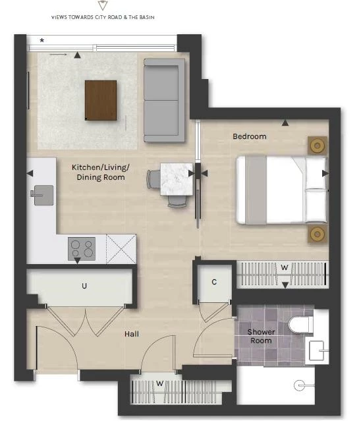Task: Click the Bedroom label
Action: [x=250, y=136]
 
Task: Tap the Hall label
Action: [x=132, y=334]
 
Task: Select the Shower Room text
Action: [x=261, y=336]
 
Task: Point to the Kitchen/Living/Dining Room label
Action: [x=101, y=172]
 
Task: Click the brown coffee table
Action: [x=101, y=100]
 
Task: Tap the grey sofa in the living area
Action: [x=164, y=100]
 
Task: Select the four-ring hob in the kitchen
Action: [x=82, y=249]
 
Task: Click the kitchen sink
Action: [x=42, y=195]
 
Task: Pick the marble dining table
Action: [x=177, y=179]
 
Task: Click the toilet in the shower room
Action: [x=300, y=324]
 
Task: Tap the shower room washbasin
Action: [x=318, y=350]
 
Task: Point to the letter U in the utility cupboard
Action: [x=84, y=286]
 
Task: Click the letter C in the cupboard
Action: [x=214, y=282]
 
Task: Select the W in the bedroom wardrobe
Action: [x=285, y=267]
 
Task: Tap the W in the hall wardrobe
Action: [x=159, y=383]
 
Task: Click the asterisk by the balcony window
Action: [x=42, y=40]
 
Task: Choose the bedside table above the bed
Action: [x=318, y=146]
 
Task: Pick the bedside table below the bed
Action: [x=318, y=234]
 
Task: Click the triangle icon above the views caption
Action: [x=102, y=5]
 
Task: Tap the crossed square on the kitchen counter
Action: [x=121, y=249]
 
